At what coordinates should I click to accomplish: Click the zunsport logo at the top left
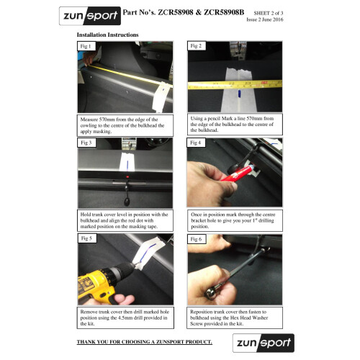pos(90,16)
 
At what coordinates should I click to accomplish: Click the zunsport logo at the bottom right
pos(264,343)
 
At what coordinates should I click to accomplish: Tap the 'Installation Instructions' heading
pos(108,35)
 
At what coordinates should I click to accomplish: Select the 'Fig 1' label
pos(86,46)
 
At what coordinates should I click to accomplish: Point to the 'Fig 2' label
pos(197,46)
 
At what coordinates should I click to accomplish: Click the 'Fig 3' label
pos(86,143)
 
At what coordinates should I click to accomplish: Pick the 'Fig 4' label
pos(196,143)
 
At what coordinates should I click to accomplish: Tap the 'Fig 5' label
pos(86,238)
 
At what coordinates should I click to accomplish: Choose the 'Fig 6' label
pos(197,239)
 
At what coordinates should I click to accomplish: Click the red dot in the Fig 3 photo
pos(127,177)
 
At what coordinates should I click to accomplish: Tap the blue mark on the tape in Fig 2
pos(239,94)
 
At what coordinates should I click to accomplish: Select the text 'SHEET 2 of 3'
pos(269,13)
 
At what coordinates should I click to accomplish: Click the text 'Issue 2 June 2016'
pos(265,19)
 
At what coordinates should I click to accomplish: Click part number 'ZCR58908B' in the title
pos(224,12)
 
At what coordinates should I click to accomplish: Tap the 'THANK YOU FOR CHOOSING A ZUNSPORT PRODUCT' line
pos(145,342)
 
